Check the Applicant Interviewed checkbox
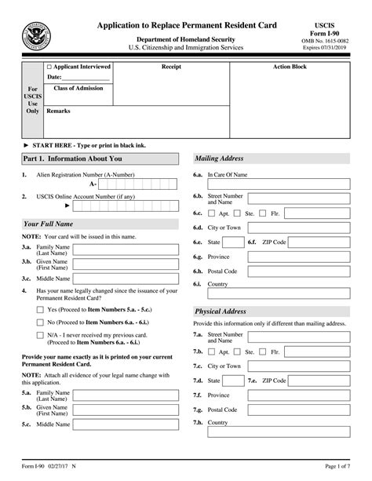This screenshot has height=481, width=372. click(49, 67)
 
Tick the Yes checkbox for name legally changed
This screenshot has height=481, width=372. click(40, 309)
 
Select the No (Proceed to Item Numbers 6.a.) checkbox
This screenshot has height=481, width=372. click(40, 322)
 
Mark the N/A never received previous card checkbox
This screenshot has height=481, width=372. click(40, 335)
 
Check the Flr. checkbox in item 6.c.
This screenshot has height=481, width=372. click(264, 213)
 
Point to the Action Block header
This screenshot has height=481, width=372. click(289, 67)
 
